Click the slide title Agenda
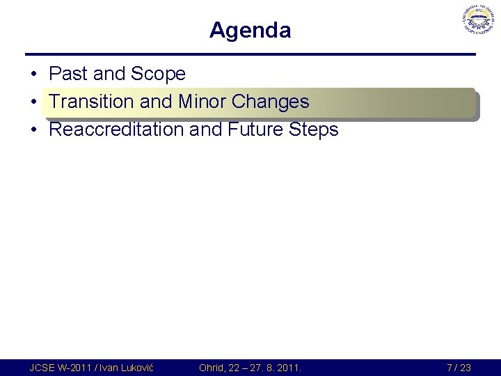click(250, 31)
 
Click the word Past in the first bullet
click(66, 74)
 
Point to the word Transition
click(91, 102)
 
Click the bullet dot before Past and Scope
click(33, 75)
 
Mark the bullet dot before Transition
click(33, 102)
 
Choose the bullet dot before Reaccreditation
click(33, 130)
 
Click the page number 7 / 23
click(459, 368)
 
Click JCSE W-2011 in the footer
click(59, 368)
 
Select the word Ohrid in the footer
click(212, 368)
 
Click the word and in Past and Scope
click(104, 74)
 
